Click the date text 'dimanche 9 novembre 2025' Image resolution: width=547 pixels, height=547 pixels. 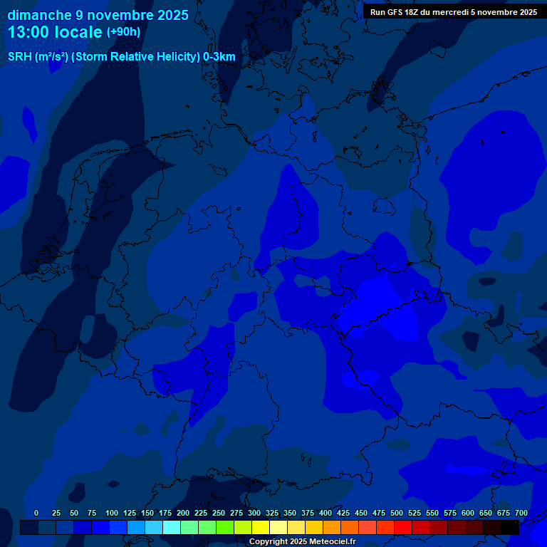[98, 15]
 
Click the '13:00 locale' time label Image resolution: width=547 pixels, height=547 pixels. [55, 32]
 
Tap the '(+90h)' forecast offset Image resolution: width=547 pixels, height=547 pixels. [123, 32]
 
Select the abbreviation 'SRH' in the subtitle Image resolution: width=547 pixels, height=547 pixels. [20, 57]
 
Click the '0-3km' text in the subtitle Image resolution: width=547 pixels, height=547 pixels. [219, 57]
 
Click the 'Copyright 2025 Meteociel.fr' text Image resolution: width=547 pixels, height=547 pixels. [302, 542]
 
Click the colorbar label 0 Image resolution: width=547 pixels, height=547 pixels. [36, 513]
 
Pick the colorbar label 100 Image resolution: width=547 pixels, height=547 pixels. [112, 513]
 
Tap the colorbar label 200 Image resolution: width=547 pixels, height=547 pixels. [183, 513]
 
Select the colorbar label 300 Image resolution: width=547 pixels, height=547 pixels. [254, 513]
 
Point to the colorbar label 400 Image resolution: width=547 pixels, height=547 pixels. [325, 513]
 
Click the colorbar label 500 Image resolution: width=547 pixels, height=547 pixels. [397, 513]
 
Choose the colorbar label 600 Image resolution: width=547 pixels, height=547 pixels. [468, 513]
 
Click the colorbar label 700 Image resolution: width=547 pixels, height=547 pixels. [521, 513]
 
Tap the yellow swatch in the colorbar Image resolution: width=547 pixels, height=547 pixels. [261, 528]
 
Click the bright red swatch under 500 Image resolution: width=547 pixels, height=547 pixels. [403, 528]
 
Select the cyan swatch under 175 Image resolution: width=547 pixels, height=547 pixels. [172, 528]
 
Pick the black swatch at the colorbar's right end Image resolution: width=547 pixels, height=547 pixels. [510, 528]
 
